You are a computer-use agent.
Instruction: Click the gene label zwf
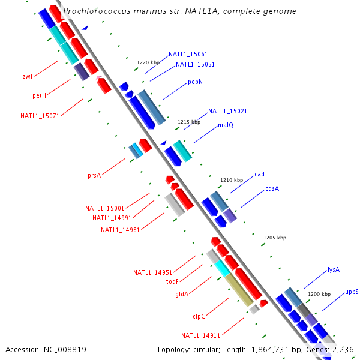pos(28,76)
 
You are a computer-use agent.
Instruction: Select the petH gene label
pos(40,96)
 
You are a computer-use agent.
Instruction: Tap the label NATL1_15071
pos(40,116)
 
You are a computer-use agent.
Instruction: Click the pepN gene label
pos(195,82)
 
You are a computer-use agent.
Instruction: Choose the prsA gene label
pos(94,175)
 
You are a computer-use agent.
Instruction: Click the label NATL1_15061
pos(188,54)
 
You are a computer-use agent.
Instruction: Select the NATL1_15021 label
pos(227,111)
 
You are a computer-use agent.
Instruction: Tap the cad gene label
pos(259,175)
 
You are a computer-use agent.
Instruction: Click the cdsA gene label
pos(272,188)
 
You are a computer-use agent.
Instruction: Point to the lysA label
pos(334,269)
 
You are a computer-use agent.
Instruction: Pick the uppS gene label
pos(352,292)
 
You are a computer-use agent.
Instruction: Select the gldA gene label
pos(182,294)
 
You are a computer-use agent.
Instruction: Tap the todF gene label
pos(172,281)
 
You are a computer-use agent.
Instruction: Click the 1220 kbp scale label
pos(148,62)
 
